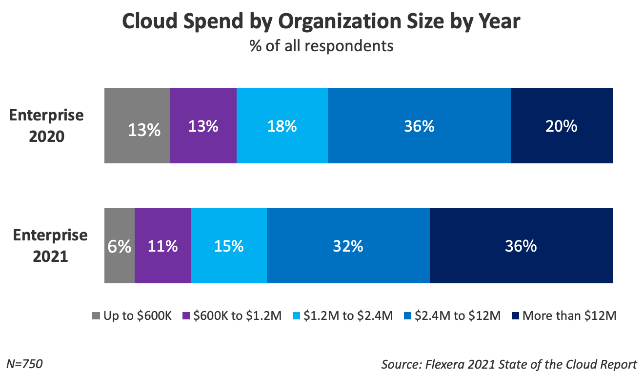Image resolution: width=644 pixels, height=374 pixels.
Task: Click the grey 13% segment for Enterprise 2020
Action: (x=137, y=126)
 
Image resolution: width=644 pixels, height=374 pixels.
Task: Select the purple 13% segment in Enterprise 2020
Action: (x=203, y=126)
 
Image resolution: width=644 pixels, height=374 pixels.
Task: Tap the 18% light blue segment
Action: (x=282, y=126)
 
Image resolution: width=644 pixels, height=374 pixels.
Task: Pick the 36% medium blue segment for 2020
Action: (x=419, y=126)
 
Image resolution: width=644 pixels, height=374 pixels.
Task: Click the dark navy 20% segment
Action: (x=562, y=126)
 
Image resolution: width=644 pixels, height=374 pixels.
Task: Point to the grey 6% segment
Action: (x=120, y=246)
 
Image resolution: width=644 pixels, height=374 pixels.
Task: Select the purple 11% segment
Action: (x=162, y=246)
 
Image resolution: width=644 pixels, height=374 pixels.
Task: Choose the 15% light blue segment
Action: (x=229, y=246)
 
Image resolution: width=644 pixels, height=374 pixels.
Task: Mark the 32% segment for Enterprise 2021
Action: (x=348, y=246)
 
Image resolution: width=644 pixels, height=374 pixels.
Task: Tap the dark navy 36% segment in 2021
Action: (x=521, y=246)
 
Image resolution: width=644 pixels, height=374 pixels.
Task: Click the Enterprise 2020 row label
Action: (x=47, y=126)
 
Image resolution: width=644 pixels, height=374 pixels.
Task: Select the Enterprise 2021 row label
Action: (x=50, y=246)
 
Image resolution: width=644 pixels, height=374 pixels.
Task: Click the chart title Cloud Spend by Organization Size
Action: (x=321, y=22)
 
